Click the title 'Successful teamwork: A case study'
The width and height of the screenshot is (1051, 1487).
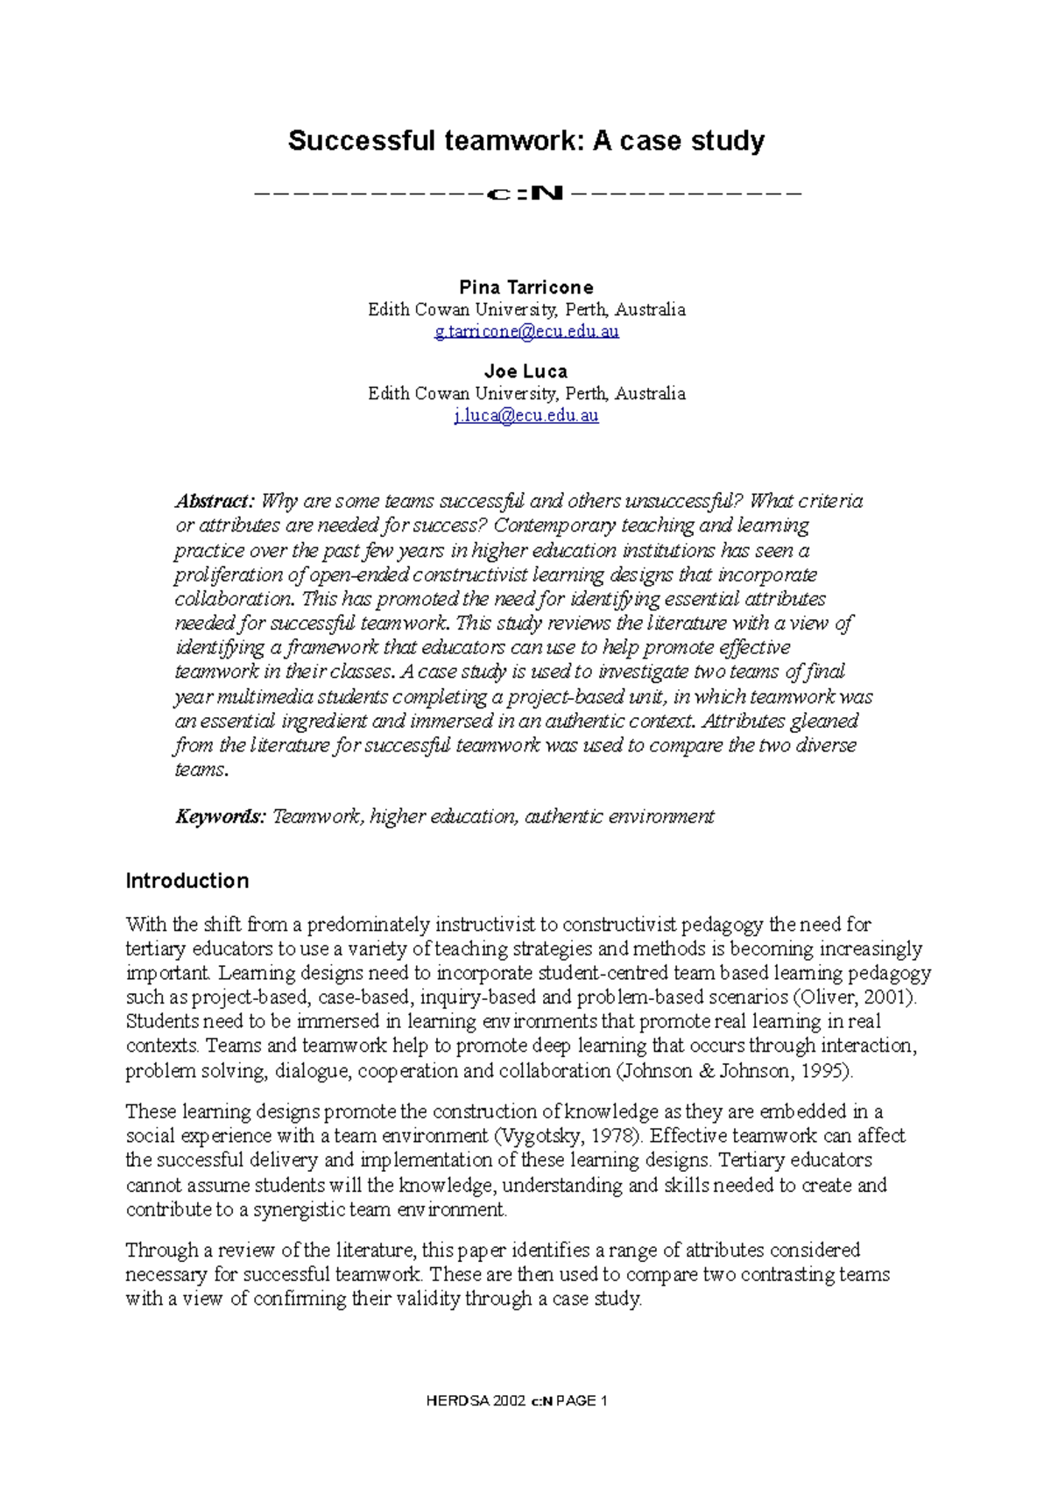(525, 140)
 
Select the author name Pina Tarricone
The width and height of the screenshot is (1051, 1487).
(525, 287)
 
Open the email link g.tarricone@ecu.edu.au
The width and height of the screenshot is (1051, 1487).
(526, 331)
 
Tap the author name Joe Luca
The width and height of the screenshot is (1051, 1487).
(525, 370)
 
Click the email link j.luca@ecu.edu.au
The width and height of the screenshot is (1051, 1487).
(525, 415)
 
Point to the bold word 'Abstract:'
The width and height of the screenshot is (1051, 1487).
(215, 501)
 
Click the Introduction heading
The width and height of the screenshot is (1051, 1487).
(187, 880)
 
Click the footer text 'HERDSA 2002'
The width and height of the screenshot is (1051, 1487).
(476, 1400)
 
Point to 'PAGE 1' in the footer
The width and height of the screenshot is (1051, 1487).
(582, 1400)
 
